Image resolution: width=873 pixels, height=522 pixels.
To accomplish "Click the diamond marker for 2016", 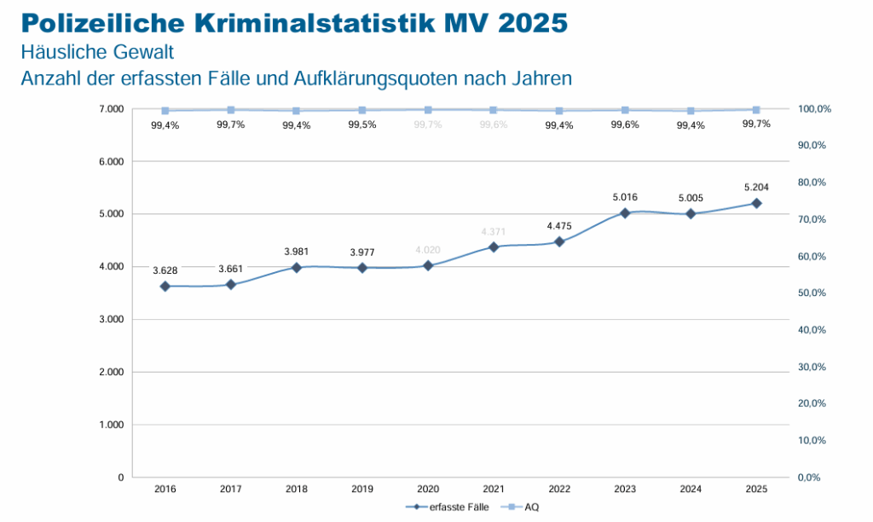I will coord(165,287).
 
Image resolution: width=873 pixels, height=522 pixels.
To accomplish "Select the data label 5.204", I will coord(756,187).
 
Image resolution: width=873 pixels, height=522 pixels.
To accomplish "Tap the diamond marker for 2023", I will coord(625,213).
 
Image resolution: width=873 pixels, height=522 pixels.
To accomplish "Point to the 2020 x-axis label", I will coord(428,489).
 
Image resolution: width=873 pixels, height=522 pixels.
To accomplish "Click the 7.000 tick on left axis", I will coord(111,109).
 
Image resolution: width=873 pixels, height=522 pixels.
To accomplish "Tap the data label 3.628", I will coord(165,270).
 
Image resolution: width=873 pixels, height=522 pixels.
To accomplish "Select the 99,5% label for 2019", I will coord(362,125).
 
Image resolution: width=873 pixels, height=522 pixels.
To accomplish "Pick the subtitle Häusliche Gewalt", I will coord(98,52).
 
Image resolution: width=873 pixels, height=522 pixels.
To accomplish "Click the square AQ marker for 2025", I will coord(756,110).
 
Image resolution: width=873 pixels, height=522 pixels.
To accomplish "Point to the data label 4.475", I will coord(559,226).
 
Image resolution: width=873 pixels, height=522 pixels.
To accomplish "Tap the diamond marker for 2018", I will coord(297,268).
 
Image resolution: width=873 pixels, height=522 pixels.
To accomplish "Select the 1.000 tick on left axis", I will coord(111,425).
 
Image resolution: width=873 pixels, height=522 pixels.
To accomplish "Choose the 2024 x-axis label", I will coord(691,489).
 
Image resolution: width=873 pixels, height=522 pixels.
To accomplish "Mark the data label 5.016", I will coord(625,197).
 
